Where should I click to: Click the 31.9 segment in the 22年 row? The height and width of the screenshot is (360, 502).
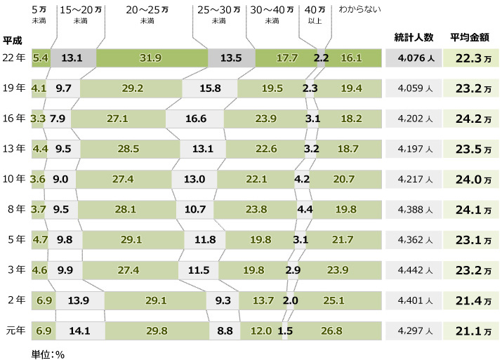(152, 58)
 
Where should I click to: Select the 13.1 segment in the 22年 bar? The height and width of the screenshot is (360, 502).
(72, 58)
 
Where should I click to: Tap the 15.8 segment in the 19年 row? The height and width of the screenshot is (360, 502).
(210, 88)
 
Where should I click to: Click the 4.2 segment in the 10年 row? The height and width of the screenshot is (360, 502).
(303, 179)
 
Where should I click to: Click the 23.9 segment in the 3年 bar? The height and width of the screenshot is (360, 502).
(338, 270)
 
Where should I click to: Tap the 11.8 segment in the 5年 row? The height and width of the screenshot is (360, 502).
(205, 239)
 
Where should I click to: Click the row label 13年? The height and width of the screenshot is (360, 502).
(14, 149)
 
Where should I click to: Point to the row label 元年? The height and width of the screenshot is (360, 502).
(14, 331)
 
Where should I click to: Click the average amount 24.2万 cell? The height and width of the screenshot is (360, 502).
(472, 119)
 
